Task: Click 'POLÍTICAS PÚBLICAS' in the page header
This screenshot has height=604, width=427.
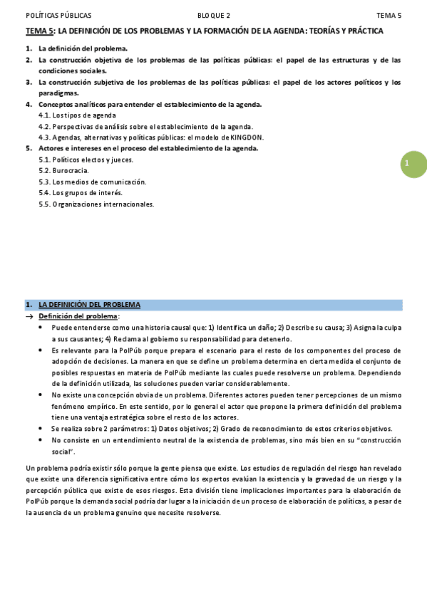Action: coord(58,15)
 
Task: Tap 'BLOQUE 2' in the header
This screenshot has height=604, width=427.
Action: coord(214,15)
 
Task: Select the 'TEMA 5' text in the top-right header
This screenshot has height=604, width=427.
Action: coord(389,15)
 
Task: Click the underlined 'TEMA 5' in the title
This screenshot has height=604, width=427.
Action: coord(39,31)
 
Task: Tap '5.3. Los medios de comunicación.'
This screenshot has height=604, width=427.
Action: coord(92,182)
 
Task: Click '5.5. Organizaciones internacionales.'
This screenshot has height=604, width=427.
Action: coord(96,204)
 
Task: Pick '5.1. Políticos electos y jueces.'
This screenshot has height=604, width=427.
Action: coord(86,160)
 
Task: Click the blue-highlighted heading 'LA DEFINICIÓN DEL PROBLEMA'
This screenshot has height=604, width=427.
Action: coord(89,305)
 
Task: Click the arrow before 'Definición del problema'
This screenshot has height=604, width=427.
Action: coord(30,316)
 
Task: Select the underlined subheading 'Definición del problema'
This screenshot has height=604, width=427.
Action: coord(78,316)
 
